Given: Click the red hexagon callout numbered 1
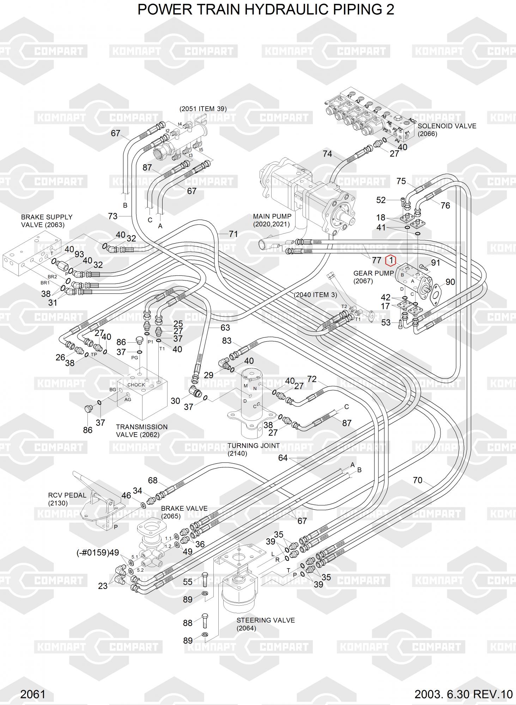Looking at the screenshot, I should pyautogui.click(x=391, y=260).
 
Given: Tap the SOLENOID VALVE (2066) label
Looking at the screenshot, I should pyautogui.click(x=447, y=130).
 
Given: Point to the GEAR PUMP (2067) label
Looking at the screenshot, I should pyautogui.click(x=373, y=277).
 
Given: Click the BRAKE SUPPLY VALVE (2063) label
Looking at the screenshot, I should pyautogui.click(x=47, y=221).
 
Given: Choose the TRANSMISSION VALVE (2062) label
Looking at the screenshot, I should pyautogui.click(x=141, y=430).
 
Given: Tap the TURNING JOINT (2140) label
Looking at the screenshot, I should pyautogui.click(x=253, y=449).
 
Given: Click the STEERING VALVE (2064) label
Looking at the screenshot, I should pyautogui.click(x=265, y=624).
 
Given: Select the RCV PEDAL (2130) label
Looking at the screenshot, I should pyautogui.click(x=67, y=499).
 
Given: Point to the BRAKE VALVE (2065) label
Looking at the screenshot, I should pyautogui.click(x=184, y=512).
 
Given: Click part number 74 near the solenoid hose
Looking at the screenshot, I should pyautogui.click(x=327, y=154).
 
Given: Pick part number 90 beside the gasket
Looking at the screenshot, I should pyautogui.click(x=450, y=282).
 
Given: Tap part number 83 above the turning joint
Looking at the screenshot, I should pyautogui.click(x=226, y=341).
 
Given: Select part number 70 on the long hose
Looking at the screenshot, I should pyautogui.click(x=417, y=480).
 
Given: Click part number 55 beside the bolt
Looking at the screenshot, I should pyautogui.click(x=188, y=582).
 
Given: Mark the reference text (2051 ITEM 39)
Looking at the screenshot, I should pyautogui.click(x=203, y=109).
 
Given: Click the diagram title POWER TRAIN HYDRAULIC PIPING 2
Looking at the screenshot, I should pyautogui.click(x=266, y=10).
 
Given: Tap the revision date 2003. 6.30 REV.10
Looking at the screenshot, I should pyautogui.click(x=463, y=694).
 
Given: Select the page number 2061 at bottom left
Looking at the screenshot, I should pyautogui.click(x=33, y=694).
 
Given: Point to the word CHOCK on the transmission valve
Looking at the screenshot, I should pyautogui.click(x=136, y=385).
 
